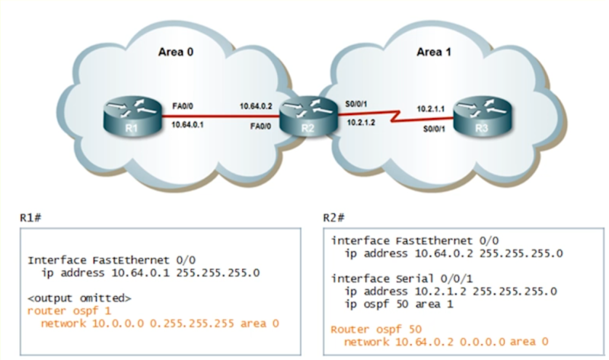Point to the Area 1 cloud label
pos(435,52)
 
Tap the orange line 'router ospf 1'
pos(63,311)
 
